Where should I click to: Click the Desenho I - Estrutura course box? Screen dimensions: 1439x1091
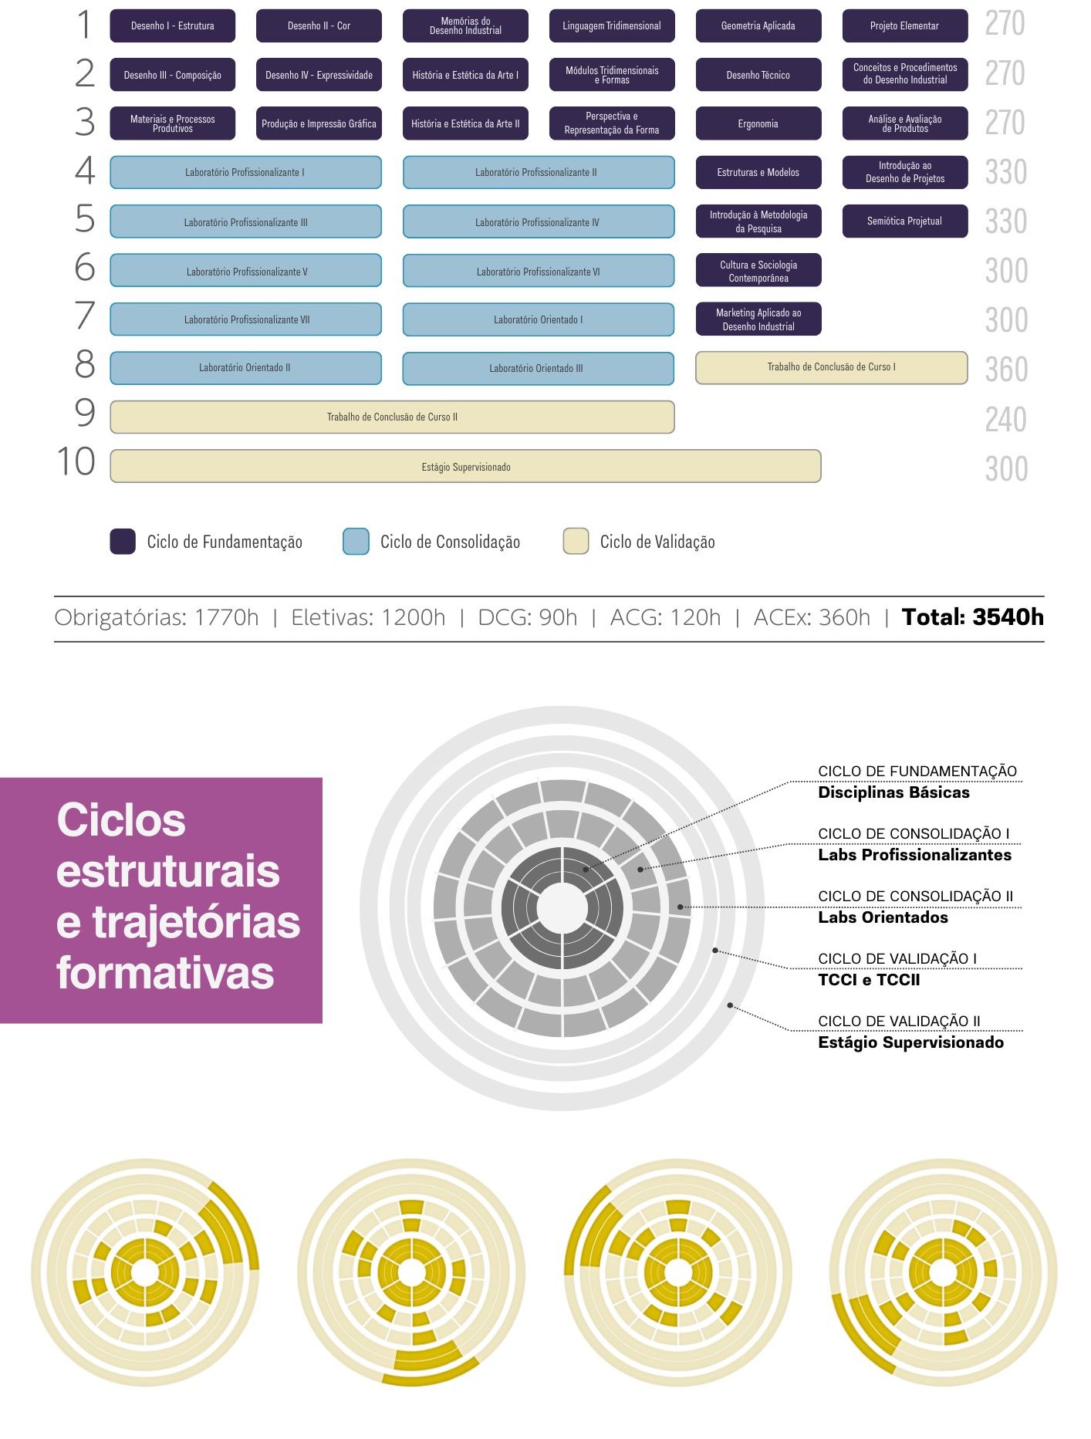click(172, 26)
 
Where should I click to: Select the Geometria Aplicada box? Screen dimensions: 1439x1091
click(758, 26)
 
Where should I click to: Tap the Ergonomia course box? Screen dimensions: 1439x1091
click(758, 123)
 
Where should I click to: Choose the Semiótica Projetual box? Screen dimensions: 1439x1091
click(904, 221)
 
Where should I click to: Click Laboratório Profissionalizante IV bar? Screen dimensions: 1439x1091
click(538, 222)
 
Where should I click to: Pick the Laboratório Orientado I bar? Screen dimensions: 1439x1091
click(538, 319)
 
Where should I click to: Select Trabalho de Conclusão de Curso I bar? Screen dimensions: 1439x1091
click(831, 367)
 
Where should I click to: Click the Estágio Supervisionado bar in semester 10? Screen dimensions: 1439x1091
click(465, 467)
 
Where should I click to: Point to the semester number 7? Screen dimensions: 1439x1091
click(85, 316)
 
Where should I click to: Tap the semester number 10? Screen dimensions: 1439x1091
click(76, 462)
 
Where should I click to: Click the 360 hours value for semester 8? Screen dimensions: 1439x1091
click(1006, 370)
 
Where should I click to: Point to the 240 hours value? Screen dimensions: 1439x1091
click(1005, 420)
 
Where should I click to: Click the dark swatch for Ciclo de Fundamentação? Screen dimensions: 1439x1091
click(123, 542)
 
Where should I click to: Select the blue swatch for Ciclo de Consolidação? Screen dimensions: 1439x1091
click(356, 542)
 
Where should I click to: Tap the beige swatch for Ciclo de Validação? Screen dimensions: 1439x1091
click(576, 542)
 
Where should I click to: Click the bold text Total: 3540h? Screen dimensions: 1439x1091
click(972, 617)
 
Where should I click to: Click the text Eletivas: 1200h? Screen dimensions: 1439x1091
click(368, 618)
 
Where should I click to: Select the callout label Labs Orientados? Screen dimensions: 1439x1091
click(883, 917)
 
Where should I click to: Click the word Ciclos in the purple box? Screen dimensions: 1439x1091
click(121, 820)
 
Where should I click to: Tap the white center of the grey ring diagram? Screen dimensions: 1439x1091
click(562, 908)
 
